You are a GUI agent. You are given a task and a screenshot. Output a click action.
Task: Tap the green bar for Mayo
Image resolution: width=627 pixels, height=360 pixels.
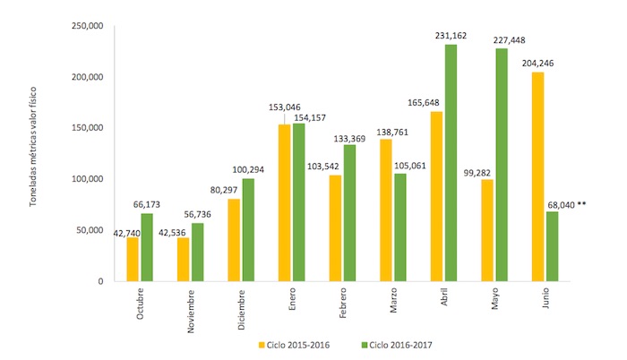coord(502,165)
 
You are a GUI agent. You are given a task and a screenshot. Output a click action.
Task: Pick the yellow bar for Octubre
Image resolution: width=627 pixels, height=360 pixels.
coord(133,260)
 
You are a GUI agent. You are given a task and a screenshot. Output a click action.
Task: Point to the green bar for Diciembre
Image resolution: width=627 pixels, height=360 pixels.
coord(247,230)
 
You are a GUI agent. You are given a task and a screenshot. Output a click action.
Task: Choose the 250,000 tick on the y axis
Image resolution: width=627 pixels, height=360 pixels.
coord(87,26)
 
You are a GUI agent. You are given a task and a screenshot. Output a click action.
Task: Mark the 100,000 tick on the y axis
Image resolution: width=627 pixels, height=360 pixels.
coord(87,179)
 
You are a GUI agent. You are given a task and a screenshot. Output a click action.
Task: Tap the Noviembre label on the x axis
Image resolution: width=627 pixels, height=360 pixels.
coord(190,309)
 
